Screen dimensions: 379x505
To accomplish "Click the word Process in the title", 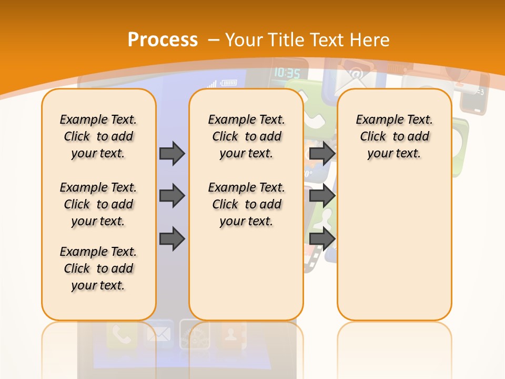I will (x=163, y=39).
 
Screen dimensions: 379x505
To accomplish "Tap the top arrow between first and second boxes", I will (x=172, y=153).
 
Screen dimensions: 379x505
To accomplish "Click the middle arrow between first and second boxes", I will (x=172, y=196).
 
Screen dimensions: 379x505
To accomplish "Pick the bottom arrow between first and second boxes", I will (x=172, y=238).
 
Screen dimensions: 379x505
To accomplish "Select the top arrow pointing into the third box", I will (x=322, y=153).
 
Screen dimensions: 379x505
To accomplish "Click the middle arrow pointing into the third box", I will (x=322, y=196).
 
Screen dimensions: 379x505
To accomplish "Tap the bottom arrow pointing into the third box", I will (x=322, y=238).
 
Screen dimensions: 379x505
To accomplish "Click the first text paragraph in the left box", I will (x=98, y=136).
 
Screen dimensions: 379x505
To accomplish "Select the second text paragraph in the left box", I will (x=98, y=204).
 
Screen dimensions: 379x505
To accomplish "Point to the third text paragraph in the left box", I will (x=98, y=268).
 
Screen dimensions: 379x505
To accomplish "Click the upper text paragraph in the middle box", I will (x=246, y=136).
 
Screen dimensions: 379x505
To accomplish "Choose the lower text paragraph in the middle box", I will (x=246, y=204).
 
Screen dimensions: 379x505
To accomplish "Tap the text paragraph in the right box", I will (x=395, y=136).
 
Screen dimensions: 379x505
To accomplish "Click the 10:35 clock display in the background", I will (x=287, y=73).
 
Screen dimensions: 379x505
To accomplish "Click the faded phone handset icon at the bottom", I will (x=122, y=335).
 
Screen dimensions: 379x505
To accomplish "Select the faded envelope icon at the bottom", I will (x=159, y=335).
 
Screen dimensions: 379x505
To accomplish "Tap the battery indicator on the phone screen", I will (x=229, y=83).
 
